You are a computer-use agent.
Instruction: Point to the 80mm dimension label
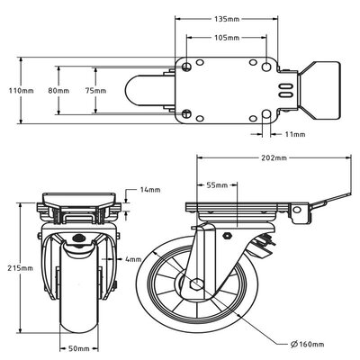coord(59,91)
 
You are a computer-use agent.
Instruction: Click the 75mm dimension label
coord(105,91)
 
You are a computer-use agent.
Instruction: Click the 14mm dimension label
coord(149,190)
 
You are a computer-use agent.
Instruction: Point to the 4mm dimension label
coord(134,260)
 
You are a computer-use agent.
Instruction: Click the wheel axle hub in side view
coord(193,284)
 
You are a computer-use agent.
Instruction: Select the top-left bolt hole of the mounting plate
coord(185,67)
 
